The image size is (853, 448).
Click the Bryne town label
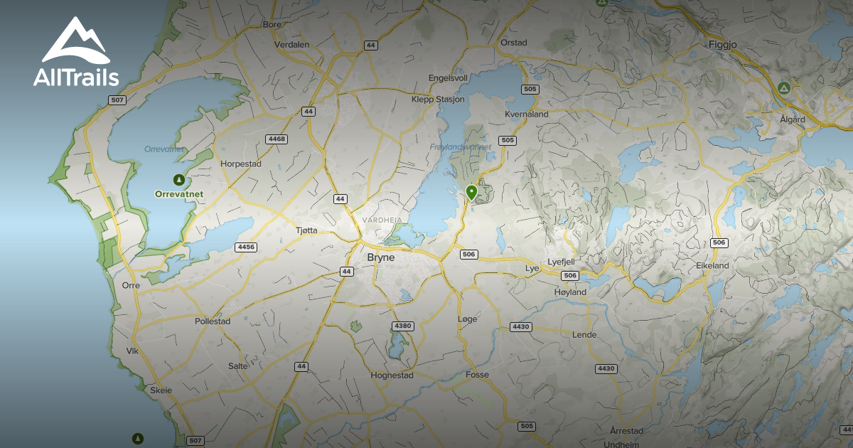380,257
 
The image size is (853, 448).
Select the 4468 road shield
277,139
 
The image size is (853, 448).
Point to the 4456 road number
246,247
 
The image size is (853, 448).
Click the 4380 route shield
402,326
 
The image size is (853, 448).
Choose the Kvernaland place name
526,114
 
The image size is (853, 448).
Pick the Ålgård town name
791,119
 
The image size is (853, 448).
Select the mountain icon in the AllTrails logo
75,42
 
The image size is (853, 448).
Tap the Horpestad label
241,164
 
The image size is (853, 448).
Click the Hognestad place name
392,375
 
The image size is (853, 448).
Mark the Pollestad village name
213,321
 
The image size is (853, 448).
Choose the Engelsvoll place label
448,78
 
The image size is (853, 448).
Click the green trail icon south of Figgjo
783,88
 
